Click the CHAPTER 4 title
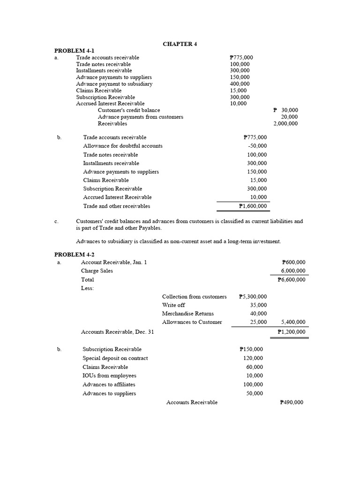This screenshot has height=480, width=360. pyautogui.click(x=180, y=44)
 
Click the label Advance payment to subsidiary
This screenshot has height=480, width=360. pyautogui.click(x=114, y=84)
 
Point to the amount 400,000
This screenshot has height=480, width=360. pyautogui.click(x=240, y=84)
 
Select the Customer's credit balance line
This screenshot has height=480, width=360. pyautogui.click(x=129, y=110)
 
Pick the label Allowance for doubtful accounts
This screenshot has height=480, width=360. pyautogui.click(x=123, y=146)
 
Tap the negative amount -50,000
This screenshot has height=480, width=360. pyautogui.click(x=257, y=146)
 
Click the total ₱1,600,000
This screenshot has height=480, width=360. pyautogui.click(x=253, y=206)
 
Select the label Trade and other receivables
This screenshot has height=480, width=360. pyautogui.click(x=117, y=206)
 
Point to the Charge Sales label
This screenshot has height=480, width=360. pyautogui.click(x=97, y=271)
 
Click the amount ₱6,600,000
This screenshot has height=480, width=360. pyautogui.click(x=292, y=280)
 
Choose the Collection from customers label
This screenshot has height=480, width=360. pyautogui.click(x=195, y=297)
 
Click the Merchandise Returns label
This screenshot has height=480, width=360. pyautogui.click(x=188, y=314)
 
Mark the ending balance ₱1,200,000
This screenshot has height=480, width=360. pyautogui.click(x=292, y=332)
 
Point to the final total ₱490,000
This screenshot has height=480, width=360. pyautogui.click(x=292, y=402)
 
